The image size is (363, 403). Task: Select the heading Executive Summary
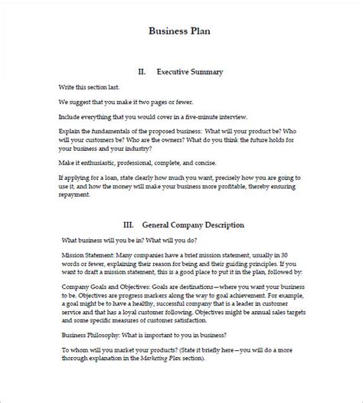(x=189, y=71)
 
